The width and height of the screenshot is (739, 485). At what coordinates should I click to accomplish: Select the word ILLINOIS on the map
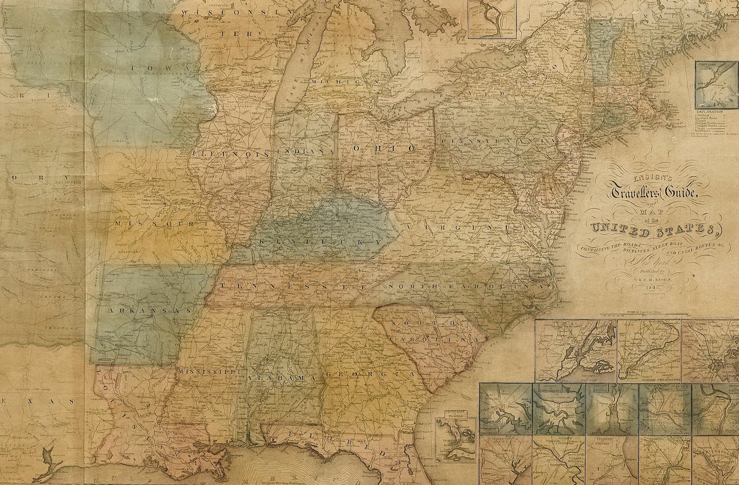[231, 153]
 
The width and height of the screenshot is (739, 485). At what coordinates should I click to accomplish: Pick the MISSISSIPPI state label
[205, 370]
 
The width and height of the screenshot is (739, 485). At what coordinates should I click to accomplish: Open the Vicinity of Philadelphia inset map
[648, 352]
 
